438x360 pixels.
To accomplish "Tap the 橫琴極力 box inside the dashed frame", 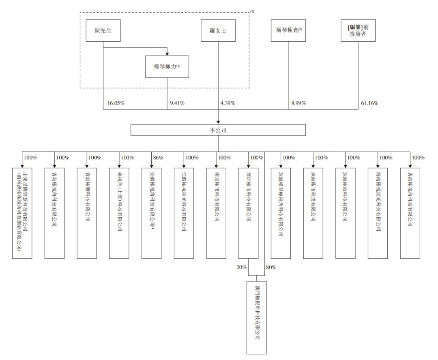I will [x=167, y=66].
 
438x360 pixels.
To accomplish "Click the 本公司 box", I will [x=218, y=130].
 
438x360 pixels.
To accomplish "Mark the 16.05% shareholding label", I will [x=116, y=103].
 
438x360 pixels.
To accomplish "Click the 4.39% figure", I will [x=228, y=103].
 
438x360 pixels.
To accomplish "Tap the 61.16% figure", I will [x=369, y=103].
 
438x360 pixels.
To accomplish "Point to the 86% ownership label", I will [x=158, y=157].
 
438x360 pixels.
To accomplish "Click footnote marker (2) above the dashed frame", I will [x=252, y=11].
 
